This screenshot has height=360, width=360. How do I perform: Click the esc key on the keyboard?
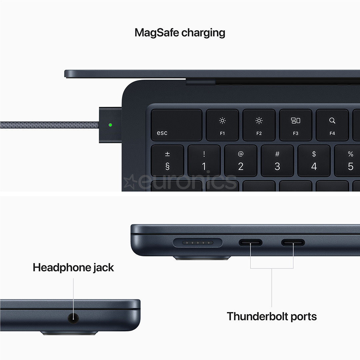coord(176,125)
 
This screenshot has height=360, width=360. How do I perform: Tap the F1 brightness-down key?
coord(222,125)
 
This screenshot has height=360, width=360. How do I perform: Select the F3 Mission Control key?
coord(295,125)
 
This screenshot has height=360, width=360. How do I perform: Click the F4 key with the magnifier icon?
coord(332,125)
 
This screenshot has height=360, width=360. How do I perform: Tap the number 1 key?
coord(204,161)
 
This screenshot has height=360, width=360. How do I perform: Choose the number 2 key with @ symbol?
coord(241,161)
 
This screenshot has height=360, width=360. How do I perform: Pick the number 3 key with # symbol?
coord(277,161)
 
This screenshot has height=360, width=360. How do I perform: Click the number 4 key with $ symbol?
coord(314,161)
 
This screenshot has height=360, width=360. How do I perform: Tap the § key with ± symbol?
coord(167,161)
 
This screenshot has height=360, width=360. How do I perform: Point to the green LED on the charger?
coord(110,125)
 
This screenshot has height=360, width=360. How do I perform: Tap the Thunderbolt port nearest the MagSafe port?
coord(250,243)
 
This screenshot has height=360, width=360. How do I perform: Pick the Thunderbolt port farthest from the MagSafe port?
coord(293,243)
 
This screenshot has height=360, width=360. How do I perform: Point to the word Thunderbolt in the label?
coord(256,316)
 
